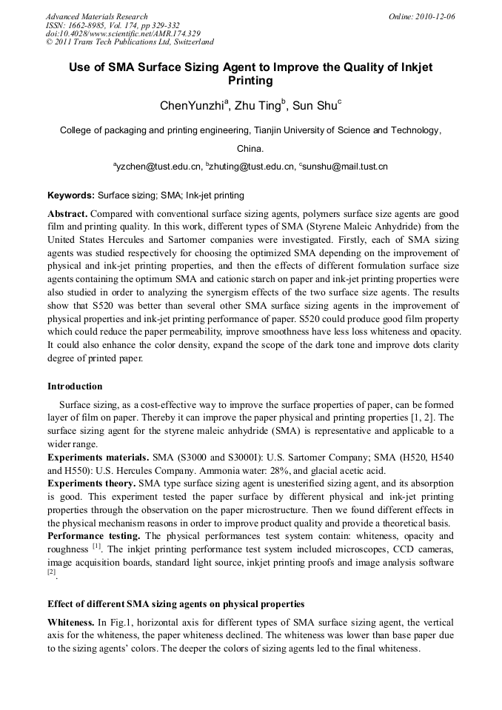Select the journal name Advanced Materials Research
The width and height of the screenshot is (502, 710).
coord(96,16)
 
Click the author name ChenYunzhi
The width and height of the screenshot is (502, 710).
coord(192,105)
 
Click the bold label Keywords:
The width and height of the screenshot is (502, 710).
coord(71,196)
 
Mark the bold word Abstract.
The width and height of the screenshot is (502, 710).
coord(67,212)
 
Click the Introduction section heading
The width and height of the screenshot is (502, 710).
coord(75,386)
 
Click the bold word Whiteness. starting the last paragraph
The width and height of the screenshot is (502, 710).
coord(71,623)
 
